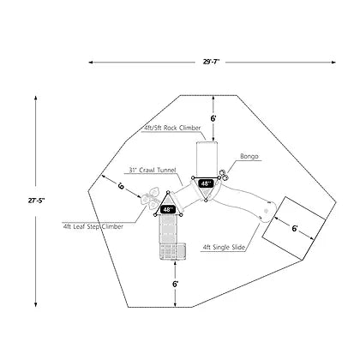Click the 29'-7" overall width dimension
tap(211, 62)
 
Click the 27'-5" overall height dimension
tap(36, 201)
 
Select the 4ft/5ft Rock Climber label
tap(171, 128)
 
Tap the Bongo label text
tap(249, 156)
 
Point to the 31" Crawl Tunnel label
tap(153, 170)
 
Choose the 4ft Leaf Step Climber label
tap(93, 226)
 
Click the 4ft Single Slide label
tap(224, 248)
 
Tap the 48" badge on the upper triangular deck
tap(206, 183)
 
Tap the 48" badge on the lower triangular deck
tap(168, 209)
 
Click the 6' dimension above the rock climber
tap(213, 118)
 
